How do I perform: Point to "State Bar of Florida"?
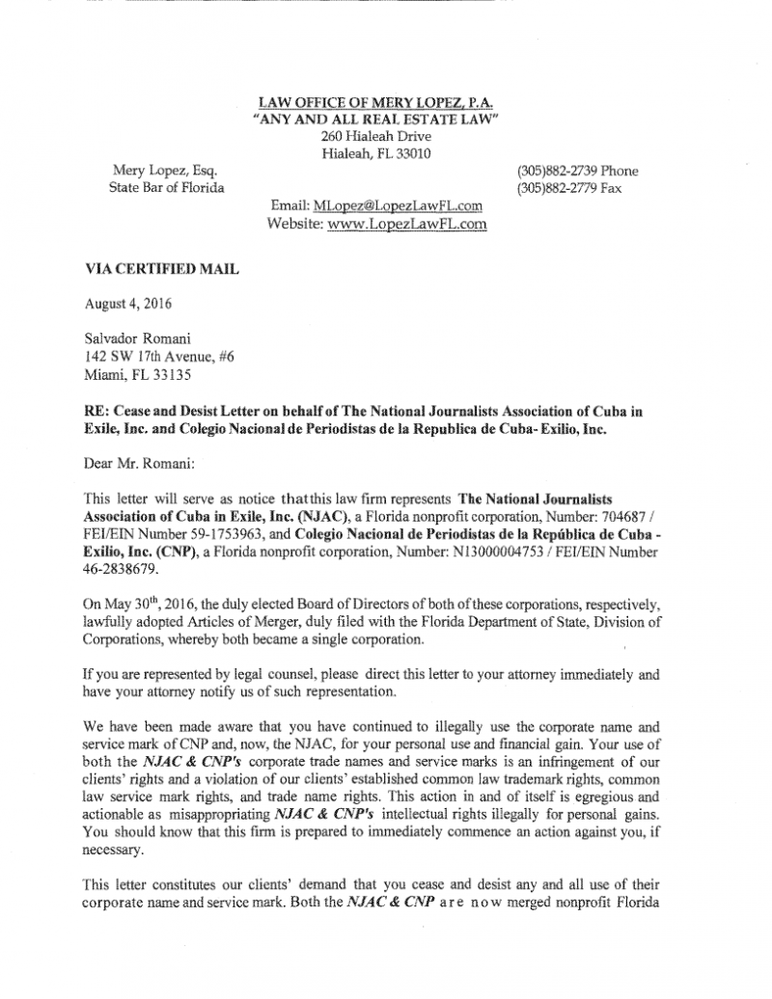click(167, 188)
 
